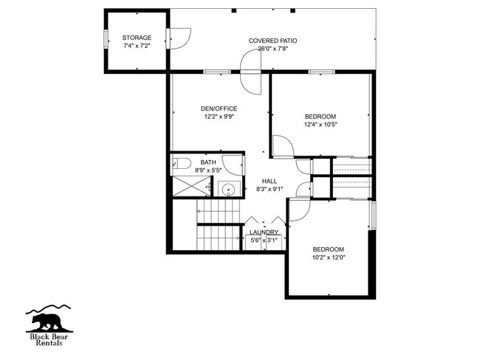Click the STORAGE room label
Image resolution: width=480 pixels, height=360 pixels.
pos(137,38)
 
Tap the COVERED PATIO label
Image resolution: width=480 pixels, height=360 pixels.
pos(272,41)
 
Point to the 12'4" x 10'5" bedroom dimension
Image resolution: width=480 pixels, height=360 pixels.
pos(320,125)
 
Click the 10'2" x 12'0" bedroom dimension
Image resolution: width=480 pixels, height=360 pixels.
pos(328,257)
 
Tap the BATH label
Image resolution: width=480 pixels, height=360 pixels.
pos(208,162)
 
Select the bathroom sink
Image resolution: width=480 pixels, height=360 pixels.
pos(229,189)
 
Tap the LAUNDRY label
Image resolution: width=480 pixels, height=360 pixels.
pos(264,232)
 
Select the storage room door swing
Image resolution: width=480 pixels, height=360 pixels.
pos(179,37)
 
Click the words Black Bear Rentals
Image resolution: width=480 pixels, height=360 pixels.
pos(49,339)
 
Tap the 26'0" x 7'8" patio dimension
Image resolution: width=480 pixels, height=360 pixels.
pos(272,49)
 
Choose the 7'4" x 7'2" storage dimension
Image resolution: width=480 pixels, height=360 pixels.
pos(137,46)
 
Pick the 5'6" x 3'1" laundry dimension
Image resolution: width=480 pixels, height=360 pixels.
pos(264,240)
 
